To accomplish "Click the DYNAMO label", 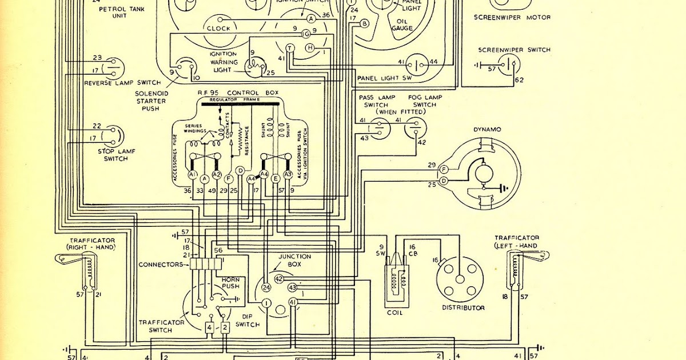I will (486, 130).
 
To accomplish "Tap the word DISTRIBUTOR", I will (463, 307).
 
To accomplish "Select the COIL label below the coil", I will (394, 313).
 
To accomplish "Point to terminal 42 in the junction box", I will (279, 279).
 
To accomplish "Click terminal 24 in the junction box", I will (266, 287).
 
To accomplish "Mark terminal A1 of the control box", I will (193, 174).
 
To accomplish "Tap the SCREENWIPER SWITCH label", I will (514, 50).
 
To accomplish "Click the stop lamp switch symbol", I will (113, 135).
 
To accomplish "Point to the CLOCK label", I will (218, 28).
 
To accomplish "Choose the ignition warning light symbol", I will (254, 67).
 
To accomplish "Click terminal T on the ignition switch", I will (290, 47).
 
